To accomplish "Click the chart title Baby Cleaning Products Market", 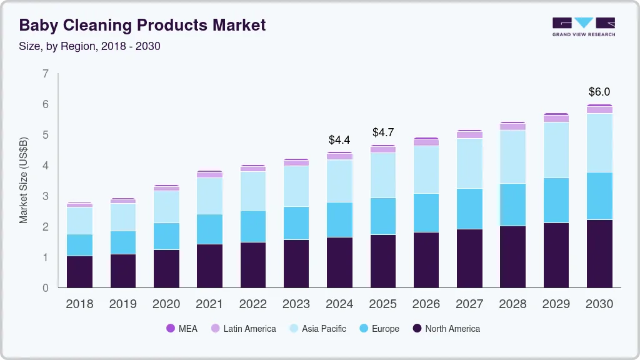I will tap(142, 25).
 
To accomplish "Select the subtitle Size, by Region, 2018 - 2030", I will tap(90, 46).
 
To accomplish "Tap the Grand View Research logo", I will tap(583, 26).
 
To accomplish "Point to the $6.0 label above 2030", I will tap(599, 92).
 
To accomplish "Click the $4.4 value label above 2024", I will tap(340, 139).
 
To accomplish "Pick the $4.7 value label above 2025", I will tap(383, 132).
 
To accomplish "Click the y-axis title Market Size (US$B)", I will tap(24, 181).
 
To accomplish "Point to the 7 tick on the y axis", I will tap(45, 74).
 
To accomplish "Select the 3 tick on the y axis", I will tap(45, 196).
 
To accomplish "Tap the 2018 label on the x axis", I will tap(79, 304).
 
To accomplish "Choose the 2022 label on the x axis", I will tap(253, 304).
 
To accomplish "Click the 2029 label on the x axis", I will tap(556, 304).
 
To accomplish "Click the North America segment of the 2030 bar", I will tap(599, 254).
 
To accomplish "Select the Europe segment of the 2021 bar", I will tap(209, 229).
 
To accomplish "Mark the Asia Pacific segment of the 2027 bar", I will tap(469, 163).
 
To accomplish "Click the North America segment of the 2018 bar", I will tap(79, 272).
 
